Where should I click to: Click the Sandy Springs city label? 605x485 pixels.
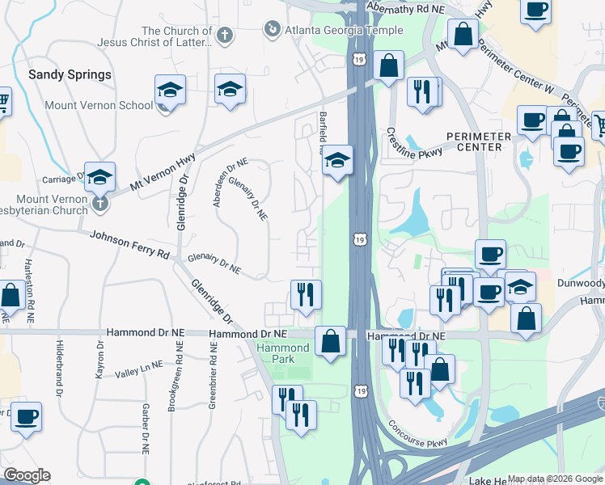click(70, 74)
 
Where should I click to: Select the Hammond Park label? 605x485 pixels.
click(283, 353)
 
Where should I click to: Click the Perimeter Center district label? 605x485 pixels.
click(477, 141)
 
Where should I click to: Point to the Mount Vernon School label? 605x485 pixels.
click(99, 105)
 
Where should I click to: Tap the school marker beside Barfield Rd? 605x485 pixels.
click(338, 161)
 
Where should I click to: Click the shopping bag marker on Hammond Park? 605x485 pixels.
click(330, 341)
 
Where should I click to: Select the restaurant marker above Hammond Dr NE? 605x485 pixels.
click(306, 294)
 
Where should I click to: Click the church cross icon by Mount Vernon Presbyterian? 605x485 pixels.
click(99, 202)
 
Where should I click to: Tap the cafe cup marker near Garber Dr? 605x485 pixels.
click(26, 417)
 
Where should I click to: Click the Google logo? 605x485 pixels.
click(27, 475)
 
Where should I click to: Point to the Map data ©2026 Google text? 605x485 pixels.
click(553, 479)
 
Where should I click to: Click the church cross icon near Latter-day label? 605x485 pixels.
click(225, 36)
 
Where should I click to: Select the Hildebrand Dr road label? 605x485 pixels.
click(60, 368)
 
